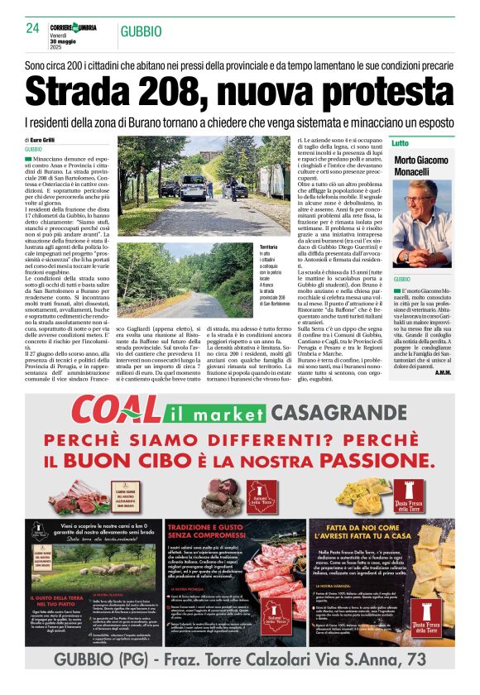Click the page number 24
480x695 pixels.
(x=32, y=27)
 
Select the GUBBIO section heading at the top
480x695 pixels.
(x=141, y=31)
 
